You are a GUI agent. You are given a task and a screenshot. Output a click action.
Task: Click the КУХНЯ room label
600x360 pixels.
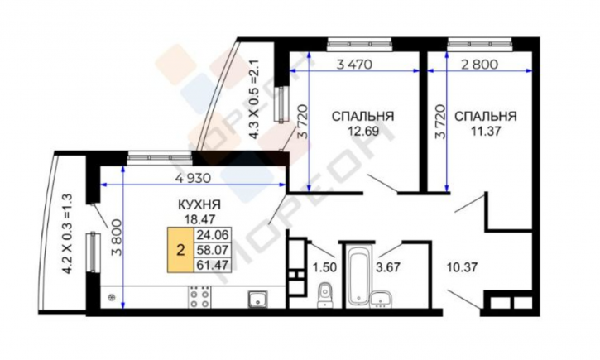pyautogui.click(x=199, y=204)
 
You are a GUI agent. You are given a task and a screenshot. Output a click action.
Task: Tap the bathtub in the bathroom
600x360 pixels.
pyautogui.click(x=359, y=275)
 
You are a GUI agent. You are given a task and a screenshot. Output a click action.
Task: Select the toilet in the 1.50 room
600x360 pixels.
pyautogui.click(x=325, y=295)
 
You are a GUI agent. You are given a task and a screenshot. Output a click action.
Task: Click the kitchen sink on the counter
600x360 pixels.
pyautogui.click(x=257, y=299)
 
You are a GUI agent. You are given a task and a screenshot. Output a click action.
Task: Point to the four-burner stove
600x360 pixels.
pyautogui.click(x=199, y=297)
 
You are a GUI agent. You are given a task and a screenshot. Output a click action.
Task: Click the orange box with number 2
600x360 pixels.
pyautogui.click(x=180, y=250)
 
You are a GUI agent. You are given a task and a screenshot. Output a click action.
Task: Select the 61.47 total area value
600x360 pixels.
pyautogui.click(x=213, y=265)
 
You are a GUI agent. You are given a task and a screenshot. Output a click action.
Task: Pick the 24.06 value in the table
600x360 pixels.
pyautogui.click(x=213, y=234)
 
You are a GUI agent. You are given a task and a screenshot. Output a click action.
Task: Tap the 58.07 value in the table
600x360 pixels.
pyautogui.click(x=213, y=250)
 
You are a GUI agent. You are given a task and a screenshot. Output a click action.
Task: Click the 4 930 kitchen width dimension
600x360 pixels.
pyautogui.click(x=193, y=178)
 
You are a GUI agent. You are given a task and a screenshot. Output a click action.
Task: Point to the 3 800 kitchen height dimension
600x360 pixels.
pyautogui.click(x=117, y=238)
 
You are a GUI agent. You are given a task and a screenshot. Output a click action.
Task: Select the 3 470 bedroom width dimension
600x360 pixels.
pyautogui.click(x=354, y=65)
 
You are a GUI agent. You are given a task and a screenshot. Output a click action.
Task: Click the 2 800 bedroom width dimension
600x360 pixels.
pyautogui.click(x=480, y=65)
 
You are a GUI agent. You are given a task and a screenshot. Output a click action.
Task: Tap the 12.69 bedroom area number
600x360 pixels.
pyautogui.click(x=363, y=132)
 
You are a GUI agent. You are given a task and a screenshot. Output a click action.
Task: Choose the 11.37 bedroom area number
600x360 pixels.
pyautogui.click(x=486, y=132)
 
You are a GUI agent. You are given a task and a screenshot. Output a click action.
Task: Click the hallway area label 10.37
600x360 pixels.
pyautogui.click(x=463, y=266)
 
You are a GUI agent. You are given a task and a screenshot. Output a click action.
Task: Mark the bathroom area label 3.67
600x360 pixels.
pyautogui.click(x=388, y=266)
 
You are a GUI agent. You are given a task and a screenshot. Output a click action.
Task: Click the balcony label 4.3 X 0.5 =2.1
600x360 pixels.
pyautogui.click(x=254, y=98)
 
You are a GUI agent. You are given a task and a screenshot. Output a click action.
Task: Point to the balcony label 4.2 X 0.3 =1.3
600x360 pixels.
pyautogui.click(x=67, y=233)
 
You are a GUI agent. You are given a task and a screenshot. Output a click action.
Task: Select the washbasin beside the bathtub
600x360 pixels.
pyautogui.click(x=381, y=299)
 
